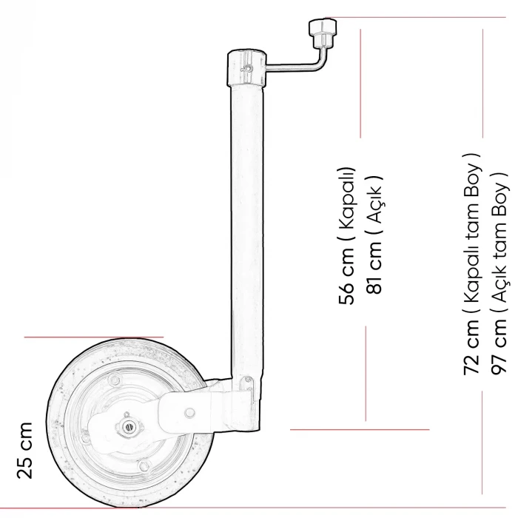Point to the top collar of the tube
tap(246, 68)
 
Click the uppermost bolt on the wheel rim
tap(112, 380)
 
